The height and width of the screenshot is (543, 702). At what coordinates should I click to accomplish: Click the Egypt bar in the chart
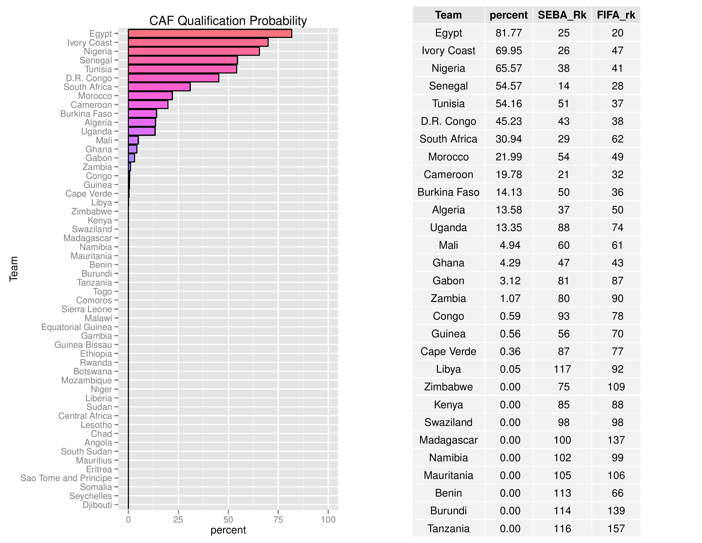210,33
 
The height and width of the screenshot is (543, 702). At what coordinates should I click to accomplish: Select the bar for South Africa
159,87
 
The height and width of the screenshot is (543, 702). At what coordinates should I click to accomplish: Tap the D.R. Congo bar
174,78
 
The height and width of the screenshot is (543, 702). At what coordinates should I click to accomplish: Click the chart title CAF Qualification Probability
228,21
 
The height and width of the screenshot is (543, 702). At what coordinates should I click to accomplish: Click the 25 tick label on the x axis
178,520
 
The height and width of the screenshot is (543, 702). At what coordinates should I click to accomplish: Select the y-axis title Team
13,269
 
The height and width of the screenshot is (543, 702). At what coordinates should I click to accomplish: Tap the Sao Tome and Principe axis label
66,478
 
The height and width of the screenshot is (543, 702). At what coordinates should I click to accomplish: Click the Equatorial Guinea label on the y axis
77,327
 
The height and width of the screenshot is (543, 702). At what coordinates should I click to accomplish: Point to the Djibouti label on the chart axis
97,505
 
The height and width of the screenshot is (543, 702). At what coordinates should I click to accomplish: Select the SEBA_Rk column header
562,15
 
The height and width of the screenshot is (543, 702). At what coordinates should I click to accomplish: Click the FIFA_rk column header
616,15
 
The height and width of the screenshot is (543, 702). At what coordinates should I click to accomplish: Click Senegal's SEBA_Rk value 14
564,86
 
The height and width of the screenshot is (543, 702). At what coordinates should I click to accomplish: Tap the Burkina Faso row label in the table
448,192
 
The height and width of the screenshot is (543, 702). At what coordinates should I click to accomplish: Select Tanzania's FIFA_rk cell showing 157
616,528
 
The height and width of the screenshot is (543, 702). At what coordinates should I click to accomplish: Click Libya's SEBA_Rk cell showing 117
562,369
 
